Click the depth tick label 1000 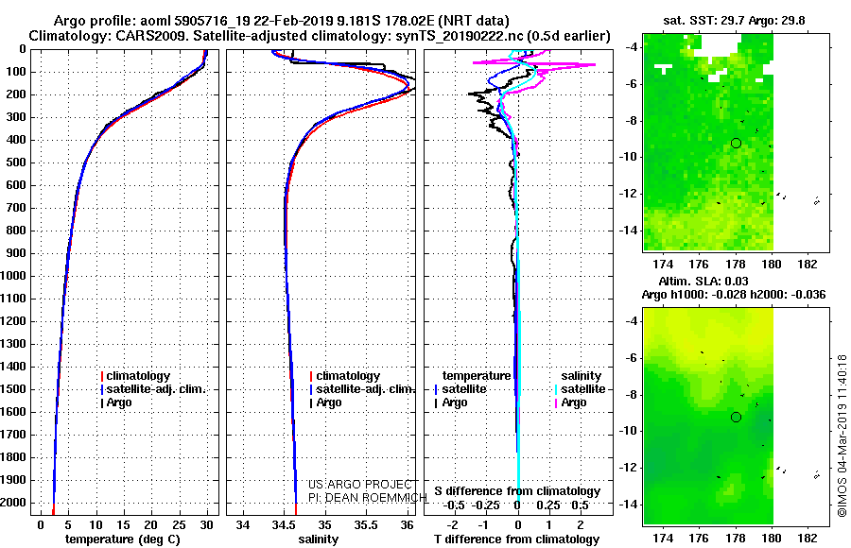pos(13,276)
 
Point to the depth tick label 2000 pos(13,503)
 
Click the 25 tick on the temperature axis pos(179,525)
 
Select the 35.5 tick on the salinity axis pos(366,525)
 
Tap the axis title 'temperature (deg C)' pos(123,539)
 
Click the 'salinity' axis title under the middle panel pos(318,539)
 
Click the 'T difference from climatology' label pos(516,539)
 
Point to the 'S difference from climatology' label pos(517,491)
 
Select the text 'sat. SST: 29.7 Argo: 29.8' pos(735,21)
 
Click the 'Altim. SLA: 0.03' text pos(703,281)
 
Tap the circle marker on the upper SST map pos(736,144)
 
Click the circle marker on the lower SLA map pos(736,418)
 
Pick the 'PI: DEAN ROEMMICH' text pos(368,497)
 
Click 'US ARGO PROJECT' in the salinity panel pos(360,484)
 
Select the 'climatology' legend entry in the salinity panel pos(345,376)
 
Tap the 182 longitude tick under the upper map pos(808,264)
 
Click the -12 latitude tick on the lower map pos(629,467)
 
